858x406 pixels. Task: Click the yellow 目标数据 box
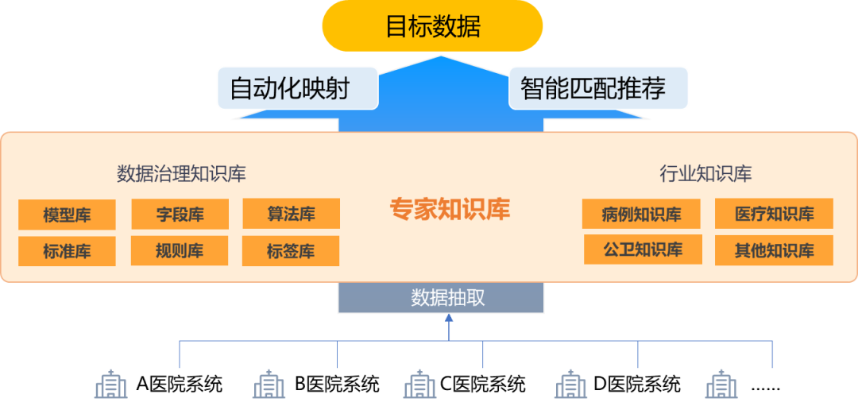[432, 26]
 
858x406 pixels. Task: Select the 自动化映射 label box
[297, 88]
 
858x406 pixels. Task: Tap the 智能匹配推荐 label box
[598, 88]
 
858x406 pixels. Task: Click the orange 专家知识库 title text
[450, 209]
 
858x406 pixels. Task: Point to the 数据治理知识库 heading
[181, 174]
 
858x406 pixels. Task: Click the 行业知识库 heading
[705, 174]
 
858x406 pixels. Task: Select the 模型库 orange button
[67, 215]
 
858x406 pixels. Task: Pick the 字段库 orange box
[180, 215]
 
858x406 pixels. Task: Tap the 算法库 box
[291, 214]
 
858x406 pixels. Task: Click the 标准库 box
[67, 251]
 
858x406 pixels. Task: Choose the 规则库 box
[180, 251]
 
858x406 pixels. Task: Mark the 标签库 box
[291, 251]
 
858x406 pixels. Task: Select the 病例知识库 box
[641, 215]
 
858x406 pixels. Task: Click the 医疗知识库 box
[774, 214]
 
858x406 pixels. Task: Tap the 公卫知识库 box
[643, 249]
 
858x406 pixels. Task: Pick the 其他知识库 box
[774, 250]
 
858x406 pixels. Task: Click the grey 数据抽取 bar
[441, 298]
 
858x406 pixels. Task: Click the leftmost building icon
[111, 385]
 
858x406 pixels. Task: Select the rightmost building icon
[721, 385]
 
